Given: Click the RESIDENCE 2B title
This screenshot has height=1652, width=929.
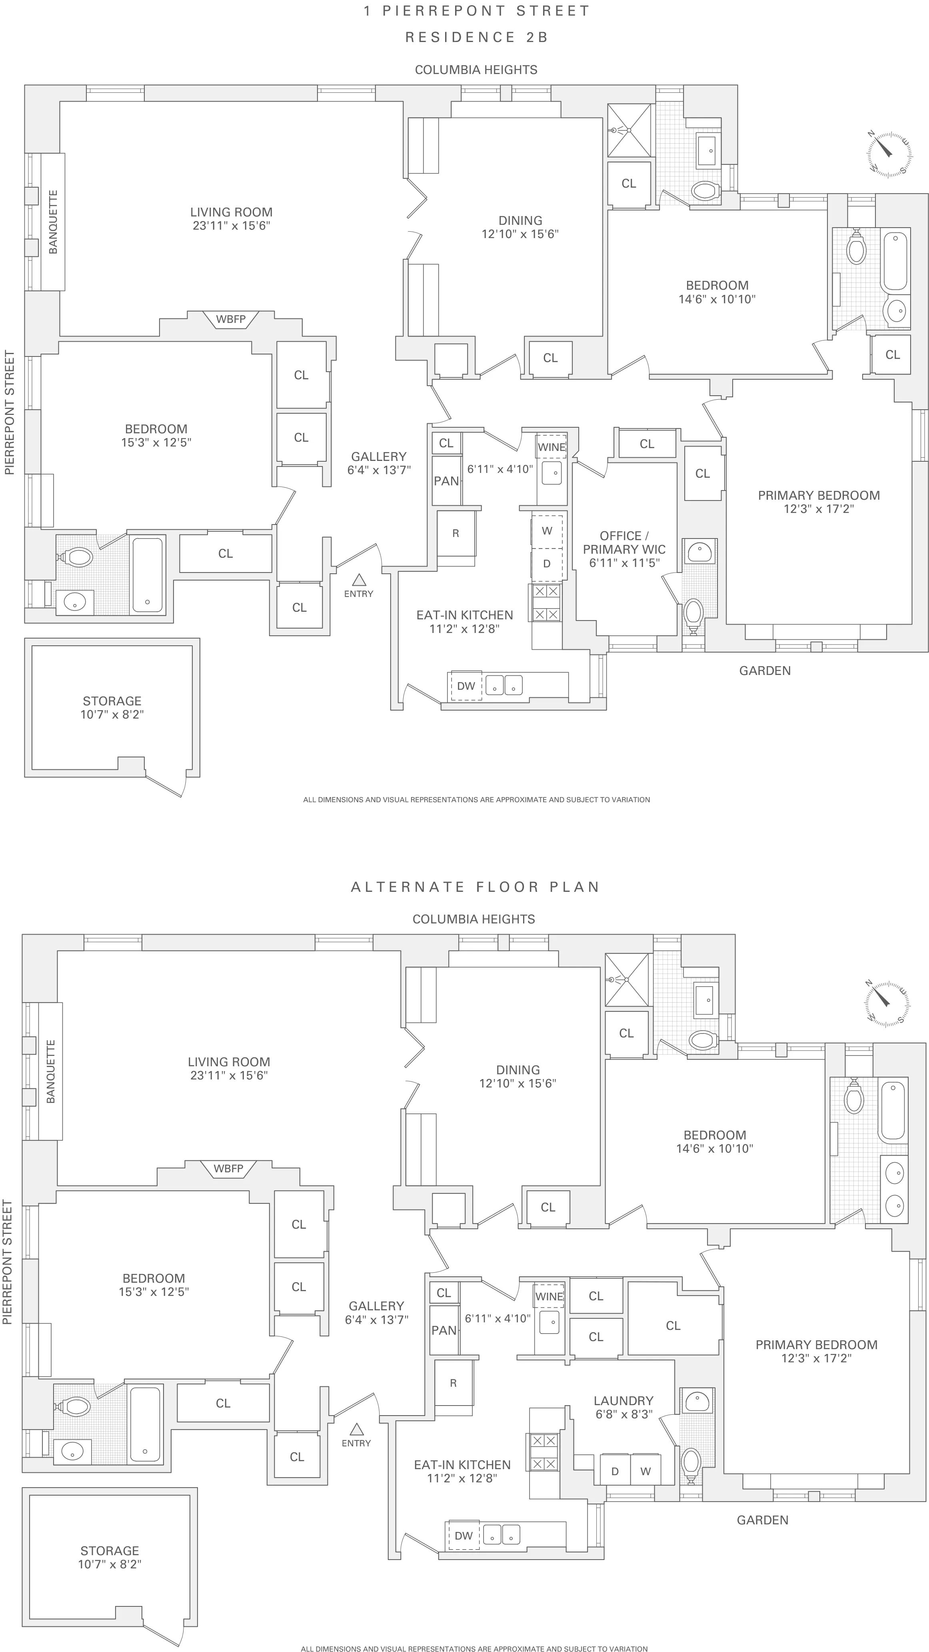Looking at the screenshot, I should pos(476,37).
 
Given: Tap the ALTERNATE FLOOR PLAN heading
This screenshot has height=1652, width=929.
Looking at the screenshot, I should pos(475,887).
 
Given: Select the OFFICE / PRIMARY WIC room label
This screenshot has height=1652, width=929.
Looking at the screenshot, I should pos(624,549).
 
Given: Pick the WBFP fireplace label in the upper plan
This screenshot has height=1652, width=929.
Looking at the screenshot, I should pos(230,319).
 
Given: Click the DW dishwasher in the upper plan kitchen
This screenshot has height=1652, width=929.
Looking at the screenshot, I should pos(466,685).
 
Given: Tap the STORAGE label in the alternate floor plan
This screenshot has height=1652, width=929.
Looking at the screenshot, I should pos(110,1551).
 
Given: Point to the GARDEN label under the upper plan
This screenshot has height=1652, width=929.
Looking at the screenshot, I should pos(765,671).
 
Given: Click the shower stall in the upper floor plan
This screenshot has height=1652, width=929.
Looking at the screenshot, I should pos(628,130).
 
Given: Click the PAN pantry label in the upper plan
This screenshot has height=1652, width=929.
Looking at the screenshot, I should pos(446,481).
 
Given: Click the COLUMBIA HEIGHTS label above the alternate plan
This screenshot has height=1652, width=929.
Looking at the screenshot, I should pos(473,919).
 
